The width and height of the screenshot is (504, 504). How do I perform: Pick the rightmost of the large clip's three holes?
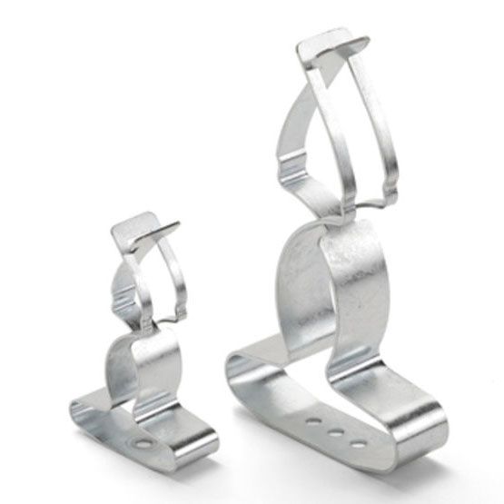tap(361, 443)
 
